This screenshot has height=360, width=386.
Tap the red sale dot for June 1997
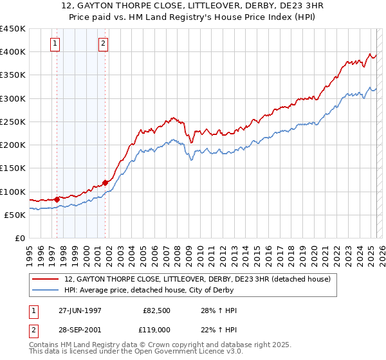coord(57,199)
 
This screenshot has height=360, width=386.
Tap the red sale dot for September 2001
coord(106,183)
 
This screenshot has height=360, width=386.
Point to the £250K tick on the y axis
coord(14,122)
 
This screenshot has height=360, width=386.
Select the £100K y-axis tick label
coord(14,192)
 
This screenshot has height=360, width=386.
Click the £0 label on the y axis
coord(19,239)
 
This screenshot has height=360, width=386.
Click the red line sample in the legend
coord(46,279)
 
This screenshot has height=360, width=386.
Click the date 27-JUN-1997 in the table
coord(80,310)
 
